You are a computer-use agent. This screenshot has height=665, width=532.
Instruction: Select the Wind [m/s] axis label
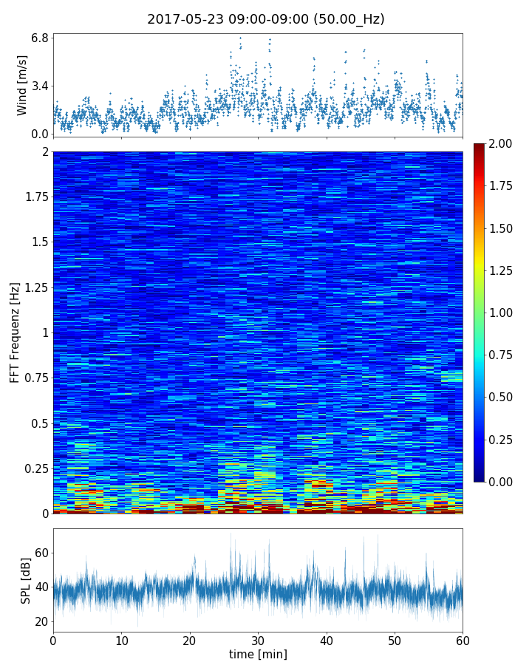click(x=22, y=85)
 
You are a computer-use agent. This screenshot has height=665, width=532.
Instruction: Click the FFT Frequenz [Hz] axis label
click(x=15, y=332)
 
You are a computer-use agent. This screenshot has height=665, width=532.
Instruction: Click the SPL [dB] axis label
click(x=26, y=580)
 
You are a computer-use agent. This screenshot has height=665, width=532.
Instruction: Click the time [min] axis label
click(x=258, y=654)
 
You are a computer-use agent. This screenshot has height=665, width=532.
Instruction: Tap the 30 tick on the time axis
click(x=258, y=638)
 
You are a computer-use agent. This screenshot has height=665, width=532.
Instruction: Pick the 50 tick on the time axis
click(x=395, y=638)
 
